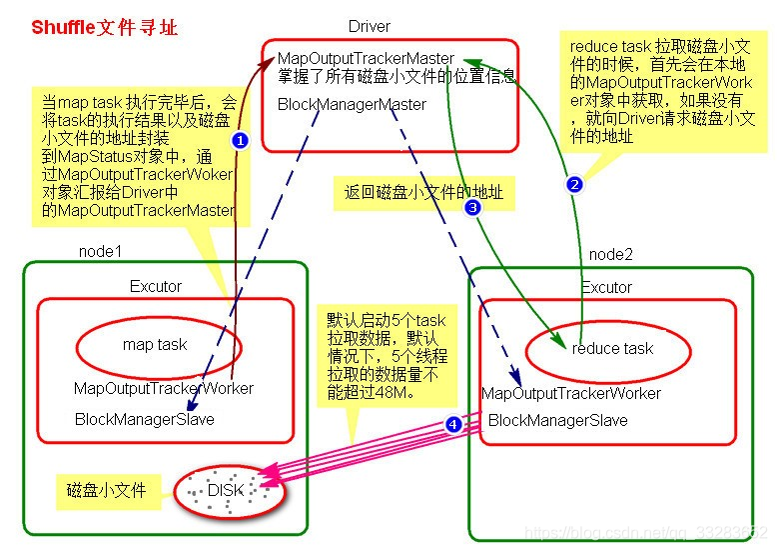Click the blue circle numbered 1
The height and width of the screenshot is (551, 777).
point(239,141)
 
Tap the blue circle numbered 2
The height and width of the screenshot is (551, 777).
point(573,184)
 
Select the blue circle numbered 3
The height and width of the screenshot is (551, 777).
point(472,207)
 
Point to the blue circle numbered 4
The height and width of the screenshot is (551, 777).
point(453,424)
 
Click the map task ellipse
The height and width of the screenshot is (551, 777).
point(155,345)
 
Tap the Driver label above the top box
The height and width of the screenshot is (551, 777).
point(370,26)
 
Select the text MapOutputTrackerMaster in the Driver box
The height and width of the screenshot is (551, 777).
point(366,59)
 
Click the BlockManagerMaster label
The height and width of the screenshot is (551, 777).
point(352,104)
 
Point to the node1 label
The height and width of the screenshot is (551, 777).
point(100,252)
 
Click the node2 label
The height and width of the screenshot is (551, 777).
point(610,254)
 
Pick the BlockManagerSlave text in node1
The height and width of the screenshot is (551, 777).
point(144,419)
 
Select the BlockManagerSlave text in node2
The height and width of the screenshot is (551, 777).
point(557,420)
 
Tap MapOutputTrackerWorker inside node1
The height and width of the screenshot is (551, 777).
point(163,388)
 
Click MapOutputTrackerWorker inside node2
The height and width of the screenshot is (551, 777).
point(570,393)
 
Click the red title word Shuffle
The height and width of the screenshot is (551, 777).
point(64,27)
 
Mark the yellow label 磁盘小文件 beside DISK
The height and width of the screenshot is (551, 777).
point(106,490)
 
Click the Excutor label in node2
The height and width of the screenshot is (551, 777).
point(606,287)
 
